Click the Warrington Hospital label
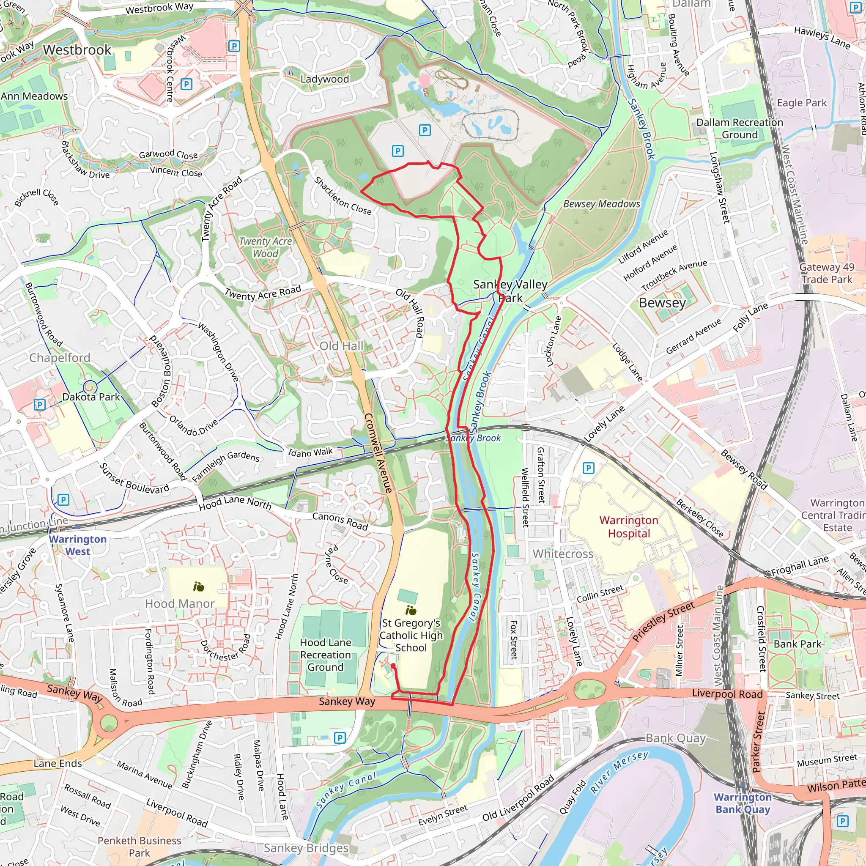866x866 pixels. (x=628, y=527)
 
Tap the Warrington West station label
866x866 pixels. (x=77, y=545)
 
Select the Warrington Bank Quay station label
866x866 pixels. (x=742, y=803)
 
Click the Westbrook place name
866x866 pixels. (x=77, y=50)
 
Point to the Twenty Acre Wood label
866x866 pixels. (x=266, y=247)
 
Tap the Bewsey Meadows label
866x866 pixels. (x=602, y=204)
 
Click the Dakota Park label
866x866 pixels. (x=91, y=397)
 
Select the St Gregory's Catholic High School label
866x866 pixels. (x=411, y=635)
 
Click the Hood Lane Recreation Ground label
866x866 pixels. (x=326, y=655)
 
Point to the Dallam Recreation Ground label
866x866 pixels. (x=739, y=129)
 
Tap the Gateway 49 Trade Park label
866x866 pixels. (x=827, y=273)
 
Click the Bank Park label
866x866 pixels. (x=797, y=644)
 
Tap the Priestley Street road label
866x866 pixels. (x=663, y=621)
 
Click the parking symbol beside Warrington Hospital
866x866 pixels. (x=588, y=469)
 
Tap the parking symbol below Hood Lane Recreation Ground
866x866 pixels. (x=340, y=738)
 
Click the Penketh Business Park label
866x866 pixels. (x=140, y=846)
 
